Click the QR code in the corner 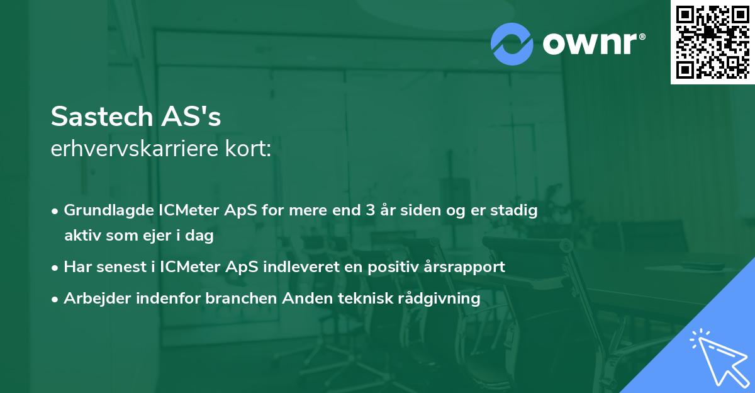tap(713, 42)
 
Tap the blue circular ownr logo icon tap(512, 43)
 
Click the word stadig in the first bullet tap(517, 210)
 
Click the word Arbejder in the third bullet tap(93, 298)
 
